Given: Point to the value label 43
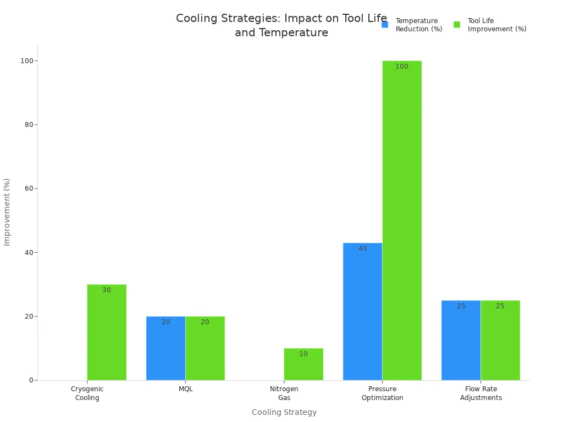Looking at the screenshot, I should click(x=363, y=248).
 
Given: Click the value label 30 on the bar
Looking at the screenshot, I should click(x=107, y=290).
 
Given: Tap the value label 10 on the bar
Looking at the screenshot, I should click(x=303, y=354).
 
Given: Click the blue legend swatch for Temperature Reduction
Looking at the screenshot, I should click(x=385, y=25).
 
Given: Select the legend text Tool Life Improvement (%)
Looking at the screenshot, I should click(x=496, y=25).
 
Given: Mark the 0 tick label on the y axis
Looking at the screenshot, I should click(x=31, y=380).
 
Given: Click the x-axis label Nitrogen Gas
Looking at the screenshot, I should click(x=284, y=393).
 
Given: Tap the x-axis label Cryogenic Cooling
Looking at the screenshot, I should click(x=87, y=393).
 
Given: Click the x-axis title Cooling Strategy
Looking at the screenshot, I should click(x=284, y=412).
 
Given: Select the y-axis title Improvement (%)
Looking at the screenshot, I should click(x=7, y=212).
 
